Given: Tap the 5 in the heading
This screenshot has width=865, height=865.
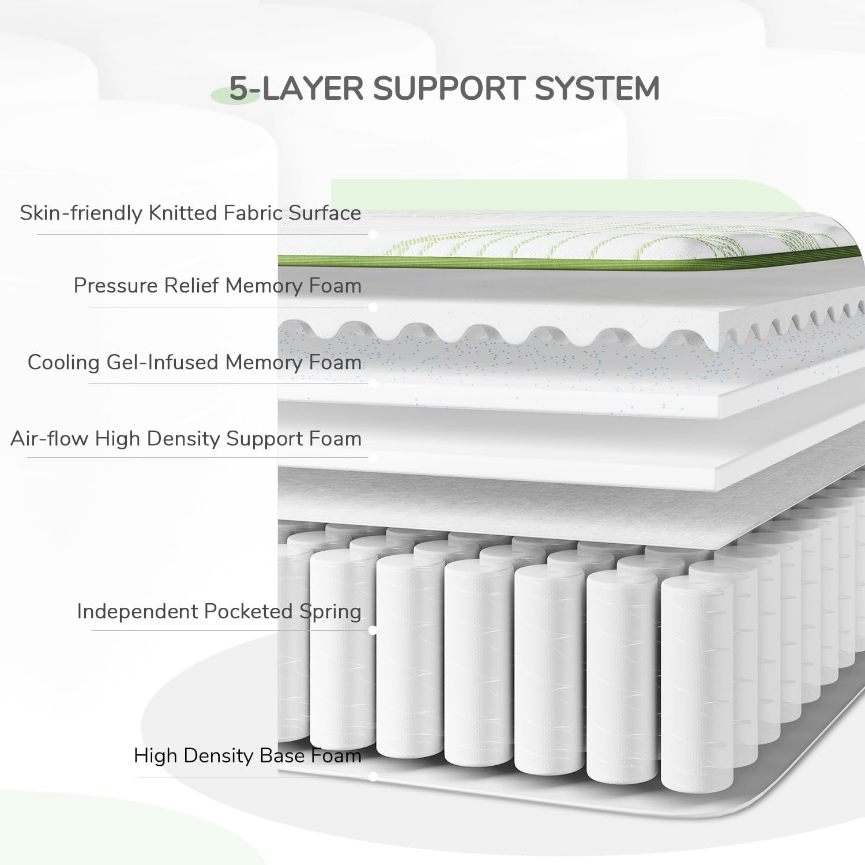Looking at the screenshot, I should click(239, 89).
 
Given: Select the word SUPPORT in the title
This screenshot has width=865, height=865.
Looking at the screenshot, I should click(449, 89).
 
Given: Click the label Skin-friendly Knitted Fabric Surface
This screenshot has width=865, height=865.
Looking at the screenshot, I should click(190, 213).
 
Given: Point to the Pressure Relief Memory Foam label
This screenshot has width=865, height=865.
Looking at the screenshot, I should click(217, 285).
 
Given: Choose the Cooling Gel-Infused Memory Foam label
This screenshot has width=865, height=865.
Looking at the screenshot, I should click(194, 362).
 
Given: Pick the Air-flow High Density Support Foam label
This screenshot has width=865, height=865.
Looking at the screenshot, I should click(186, 438).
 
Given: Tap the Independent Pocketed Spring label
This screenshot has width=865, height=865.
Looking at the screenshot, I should click(219, 611).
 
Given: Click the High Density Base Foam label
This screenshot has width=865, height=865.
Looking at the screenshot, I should click(247, 755).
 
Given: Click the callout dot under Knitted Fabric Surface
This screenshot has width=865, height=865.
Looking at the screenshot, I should click(373, 235).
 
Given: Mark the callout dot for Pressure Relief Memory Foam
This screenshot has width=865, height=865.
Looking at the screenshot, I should click(373, 307).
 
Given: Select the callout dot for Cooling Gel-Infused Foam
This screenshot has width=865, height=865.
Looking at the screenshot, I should click(373, 383).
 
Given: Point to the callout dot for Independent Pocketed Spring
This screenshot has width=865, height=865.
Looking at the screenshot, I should click(373, 630).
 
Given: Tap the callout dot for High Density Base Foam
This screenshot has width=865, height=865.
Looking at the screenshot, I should click(373, 777).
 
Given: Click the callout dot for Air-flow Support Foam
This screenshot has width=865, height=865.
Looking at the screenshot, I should click(373, 458).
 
